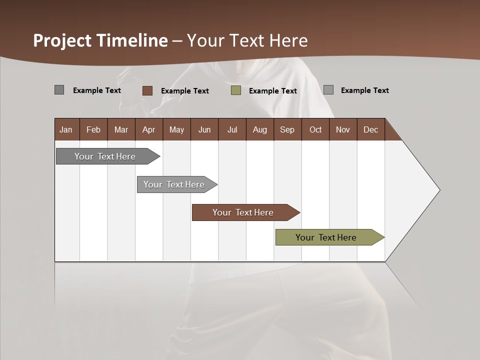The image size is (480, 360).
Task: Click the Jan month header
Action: (x=66, y=129)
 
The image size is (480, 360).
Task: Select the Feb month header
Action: (x=93, y=129)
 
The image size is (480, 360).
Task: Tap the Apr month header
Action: (x=149, y=129)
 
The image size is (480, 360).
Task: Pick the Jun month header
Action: (x=204, y=129)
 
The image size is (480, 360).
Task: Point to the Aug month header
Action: (x=260, y=129)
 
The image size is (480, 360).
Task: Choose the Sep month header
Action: (x=287, y=129)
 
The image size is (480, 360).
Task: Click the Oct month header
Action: (x=315, y=129)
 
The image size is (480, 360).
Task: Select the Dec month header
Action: (x=371, y=129)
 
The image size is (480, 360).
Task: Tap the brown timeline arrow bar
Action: (x=243, y=212)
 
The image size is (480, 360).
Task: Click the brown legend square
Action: (x=147, y=90)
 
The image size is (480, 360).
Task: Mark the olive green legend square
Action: (x=236, y=90)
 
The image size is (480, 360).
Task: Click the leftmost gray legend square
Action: (x=59, y=90)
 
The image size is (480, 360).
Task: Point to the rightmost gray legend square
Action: (x=328, y=90)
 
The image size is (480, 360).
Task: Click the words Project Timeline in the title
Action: (x=100, y=40)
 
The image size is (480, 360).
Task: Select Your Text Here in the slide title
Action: (x=247, y=40)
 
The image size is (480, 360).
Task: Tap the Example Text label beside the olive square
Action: (x=273, y=91)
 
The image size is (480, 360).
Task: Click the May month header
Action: (x=176, y=129)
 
